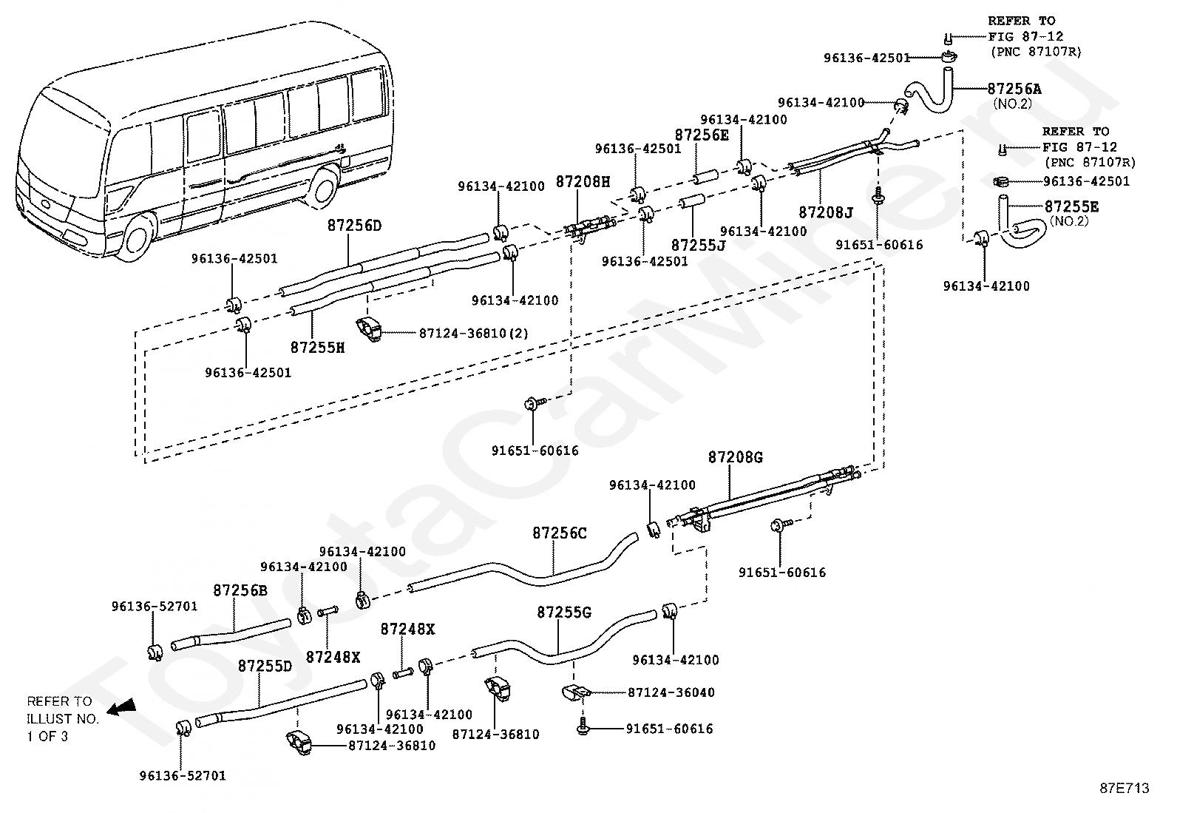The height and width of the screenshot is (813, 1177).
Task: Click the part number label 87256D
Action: pos(354,226)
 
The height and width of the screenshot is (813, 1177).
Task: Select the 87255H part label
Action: pos(317,346)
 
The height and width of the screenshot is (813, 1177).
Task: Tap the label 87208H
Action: pos(583,181)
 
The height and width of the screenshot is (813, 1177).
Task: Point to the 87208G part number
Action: pos(735,457)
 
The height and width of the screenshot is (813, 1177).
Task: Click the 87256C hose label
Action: pos(559,533)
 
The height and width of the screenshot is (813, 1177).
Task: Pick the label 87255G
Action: pos(564,613)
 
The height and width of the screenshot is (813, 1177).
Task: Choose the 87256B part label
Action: pos(240,590)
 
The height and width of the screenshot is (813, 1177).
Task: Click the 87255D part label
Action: pos(265,666)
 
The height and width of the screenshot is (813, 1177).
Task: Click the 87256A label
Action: pos(1014,89)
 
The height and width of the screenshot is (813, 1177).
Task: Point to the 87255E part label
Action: pos(1071,206)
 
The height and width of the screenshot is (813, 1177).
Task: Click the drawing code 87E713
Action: pos(1124,789)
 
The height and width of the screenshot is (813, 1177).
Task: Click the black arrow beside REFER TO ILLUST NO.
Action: pos(121,709)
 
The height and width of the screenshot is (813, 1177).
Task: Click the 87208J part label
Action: pos(825,213)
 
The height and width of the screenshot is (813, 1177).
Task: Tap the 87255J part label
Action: pos(698,244)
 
